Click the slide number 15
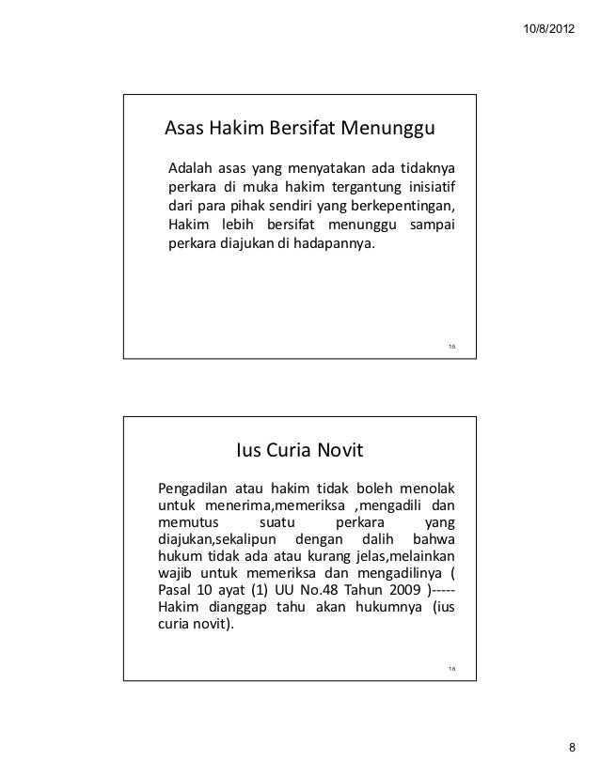(451, 347)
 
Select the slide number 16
(451, 668)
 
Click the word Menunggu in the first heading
(382, 128)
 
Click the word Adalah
(188, 169)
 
